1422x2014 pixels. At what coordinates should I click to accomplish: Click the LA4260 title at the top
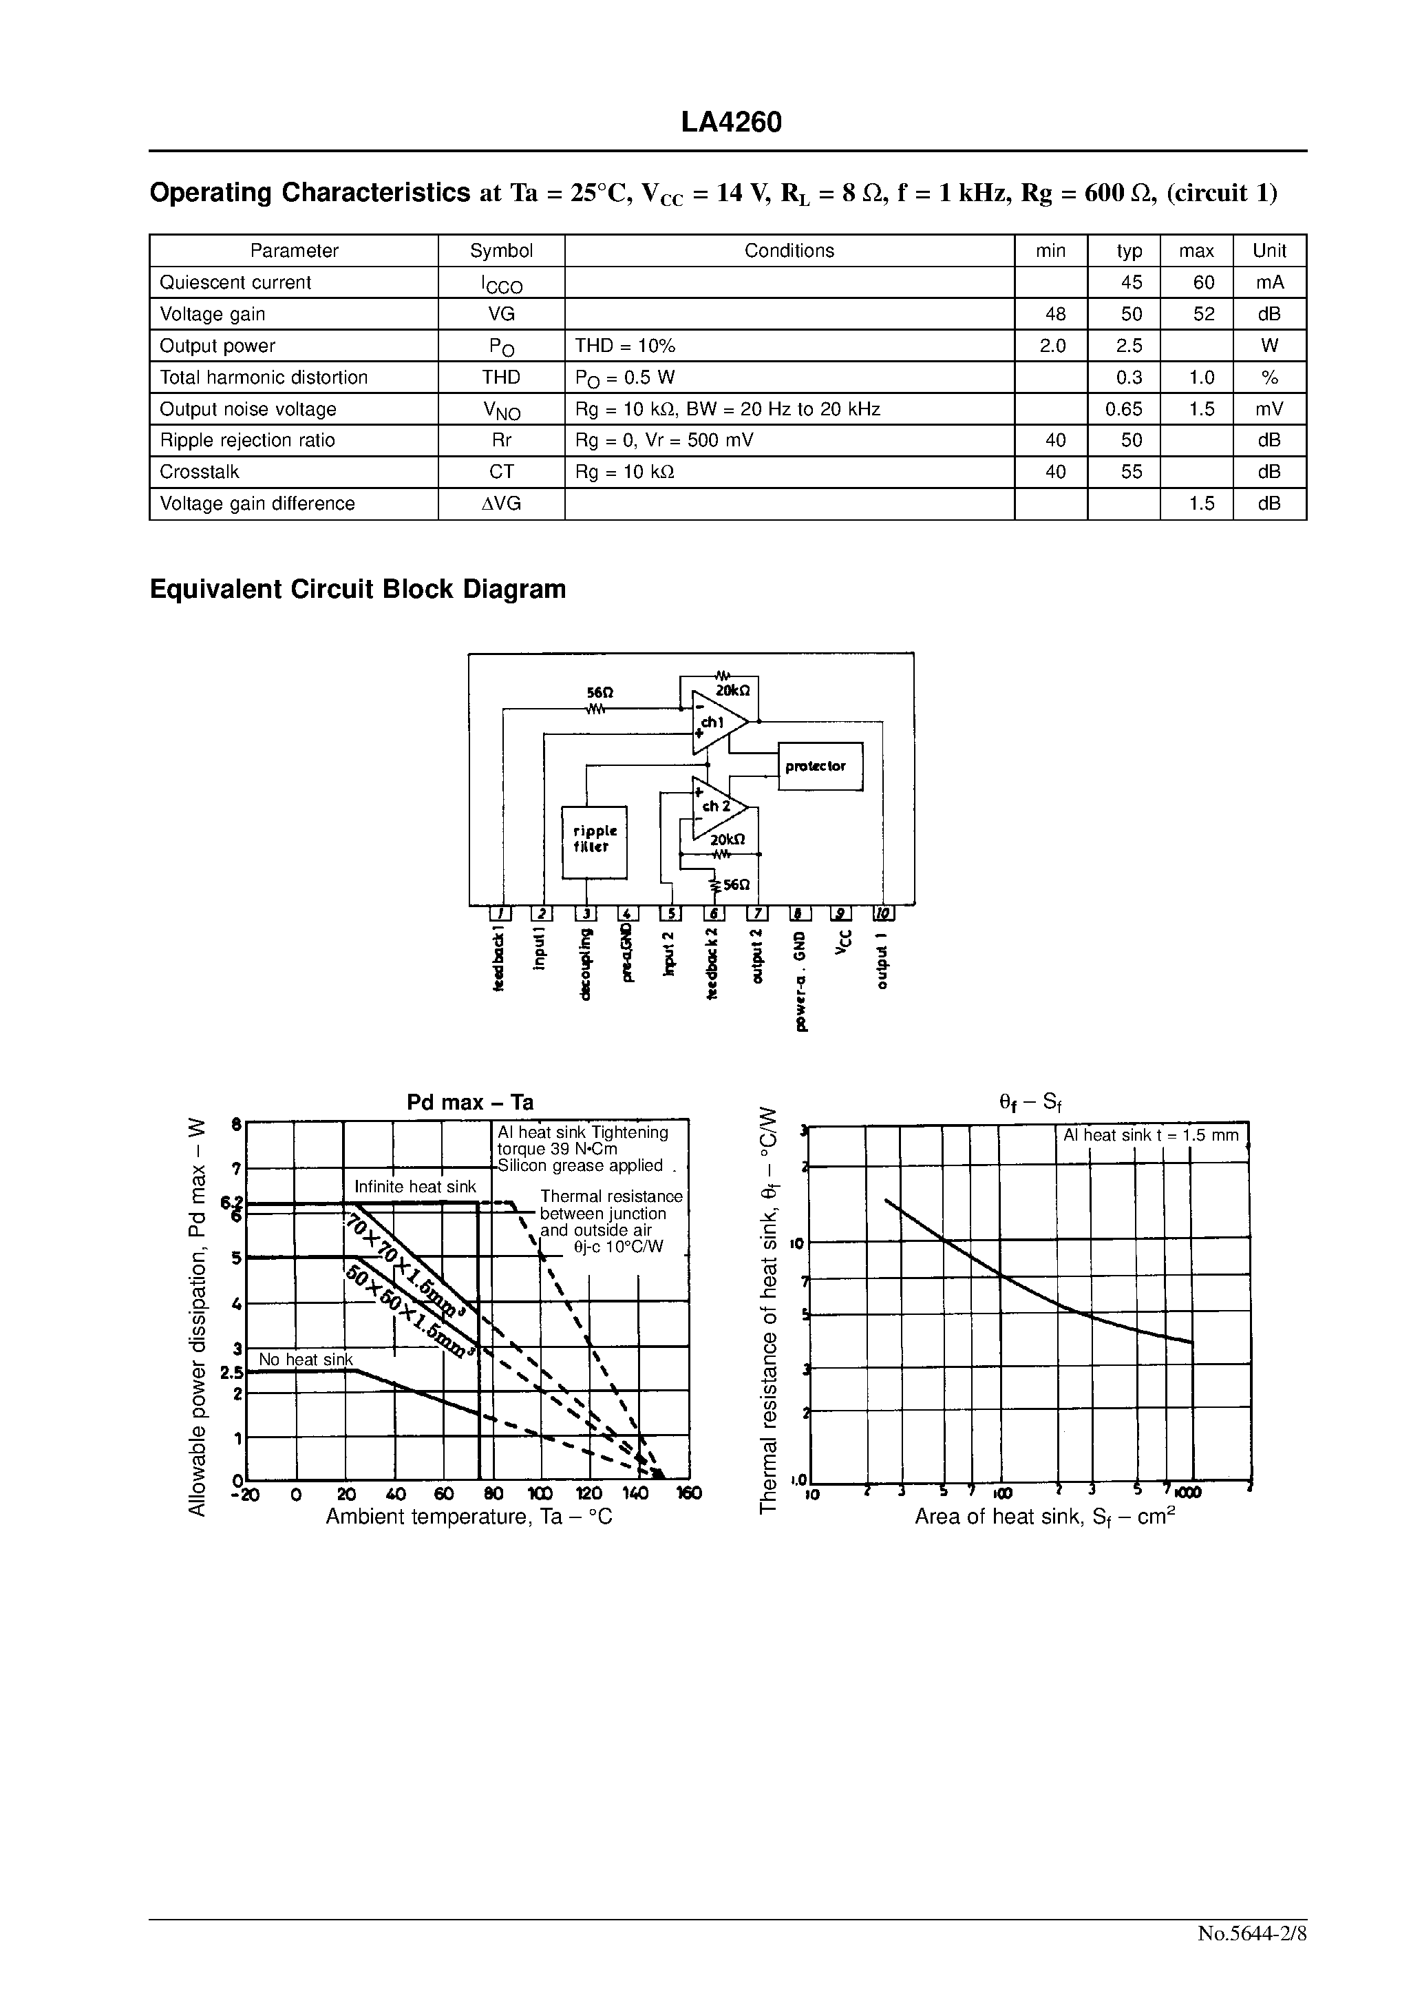(731, 123)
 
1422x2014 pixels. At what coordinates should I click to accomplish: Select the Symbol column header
(502, 251)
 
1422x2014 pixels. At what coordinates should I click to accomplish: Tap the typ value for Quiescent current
(1131, 282)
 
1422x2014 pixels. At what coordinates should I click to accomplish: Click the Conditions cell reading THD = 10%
(625, 346)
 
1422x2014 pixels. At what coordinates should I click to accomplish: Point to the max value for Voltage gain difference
(1201, 503)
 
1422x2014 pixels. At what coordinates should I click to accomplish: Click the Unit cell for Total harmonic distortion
(1269, 377)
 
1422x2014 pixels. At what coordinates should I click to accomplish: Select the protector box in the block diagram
(820, 766)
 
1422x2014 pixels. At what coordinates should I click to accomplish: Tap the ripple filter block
(595, 841)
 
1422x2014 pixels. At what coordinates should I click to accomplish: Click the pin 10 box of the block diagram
(884, 913)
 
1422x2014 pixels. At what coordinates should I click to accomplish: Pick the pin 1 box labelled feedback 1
(500, 913)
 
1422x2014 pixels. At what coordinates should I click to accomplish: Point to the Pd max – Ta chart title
(470, 1103)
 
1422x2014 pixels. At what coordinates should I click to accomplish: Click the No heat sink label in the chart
(305, 1360)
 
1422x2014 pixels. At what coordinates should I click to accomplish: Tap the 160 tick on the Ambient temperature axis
(690, 1494)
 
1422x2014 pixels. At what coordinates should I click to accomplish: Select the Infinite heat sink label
(414, 1187)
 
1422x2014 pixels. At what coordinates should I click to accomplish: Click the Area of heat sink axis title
(1044, 1517)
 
